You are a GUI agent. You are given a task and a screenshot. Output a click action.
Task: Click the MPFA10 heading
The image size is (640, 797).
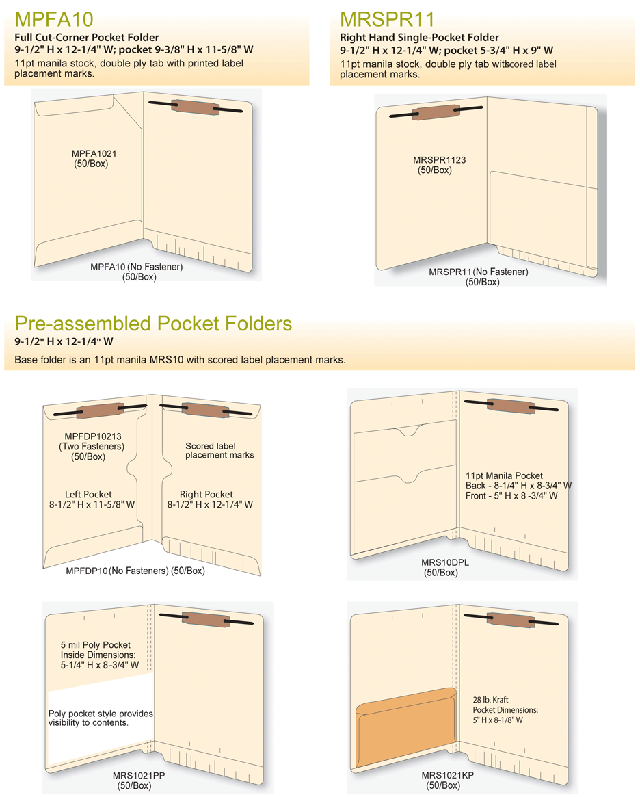(x=54, y=18)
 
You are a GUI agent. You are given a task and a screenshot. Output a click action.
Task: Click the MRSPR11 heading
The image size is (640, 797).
(x=387, y=18)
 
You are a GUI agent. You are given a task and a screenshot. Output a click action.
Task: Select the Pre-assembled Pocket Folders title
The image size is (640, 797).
(x=153, y=324)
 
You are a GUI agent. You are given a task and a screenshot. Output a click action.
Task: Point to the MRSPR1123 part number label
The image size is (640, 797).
(x=439, y=160)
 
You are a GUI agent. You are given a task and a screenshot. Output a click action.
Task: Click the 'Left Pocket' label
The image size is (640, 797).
(x=88, y=494)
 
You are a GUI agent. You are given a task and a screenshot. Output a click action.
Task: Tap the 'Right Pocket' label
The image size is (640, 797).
(x=206, y=494)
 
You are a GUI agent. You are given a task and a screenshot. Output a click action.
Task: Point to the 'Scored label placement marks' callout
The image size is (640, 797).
(x=219, y=450)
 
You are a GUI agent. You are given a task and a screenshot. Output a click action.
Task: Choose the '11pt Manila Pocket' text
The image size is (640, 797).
(x=504, y=475)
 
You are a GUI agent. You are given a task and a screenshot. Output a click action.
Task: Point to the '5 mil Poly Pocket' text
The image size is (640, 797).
(x=95, y=644)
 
